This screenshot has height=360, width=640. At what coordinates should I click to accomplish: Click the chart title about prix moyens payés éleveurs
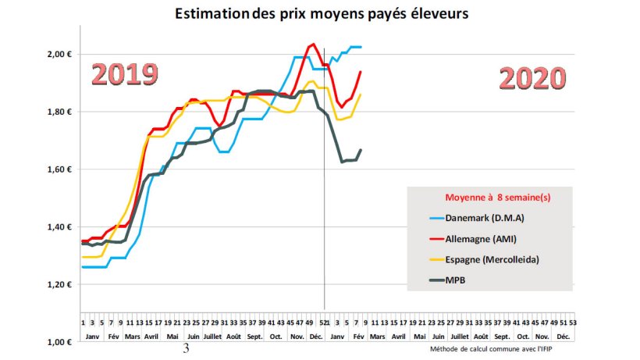pyautogui.click(x=322, y=14)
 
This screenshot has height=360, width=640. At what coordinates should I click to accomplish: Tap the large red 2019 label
pyautogui.click(x=125, y=73)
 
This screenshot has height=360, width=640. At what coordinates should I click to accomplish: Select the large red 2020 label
pyautogui.click(x=531, y=78)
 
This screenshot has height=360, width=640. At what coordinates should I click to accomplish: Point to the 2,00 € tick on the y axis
pyautogui.click(x=59, y=54)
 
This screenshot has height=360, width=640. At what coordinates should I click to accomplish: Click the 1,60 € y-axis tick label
pyautogui.click(x=59, y=169)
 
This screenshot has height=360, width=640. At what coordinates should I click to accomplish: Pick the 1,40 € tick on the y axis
pyautogui.click(x=59, y=227)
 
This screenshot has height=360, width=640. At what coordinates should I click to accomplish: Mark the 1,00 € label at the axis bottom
pyautogui.click(x=59, y=342)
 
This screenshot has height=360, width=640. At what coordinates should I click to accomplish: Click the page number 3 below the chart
pyautogui.click(x=186, y=348)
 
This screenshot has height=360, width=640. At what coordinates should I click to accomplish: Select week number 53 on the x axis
pyautogui.click(x=573, y=321)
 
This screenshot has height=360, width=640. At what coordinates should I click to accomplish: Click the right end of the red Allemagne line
pyautogui.click(x=360, y=72)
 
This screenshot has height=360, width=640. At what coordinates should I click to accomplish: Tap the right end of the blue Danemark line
pyautogui.click(x=360, y=47)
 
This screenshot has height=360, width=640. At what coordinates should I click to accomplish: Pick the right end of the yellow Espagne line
pyautogui.click(x=360, y=94)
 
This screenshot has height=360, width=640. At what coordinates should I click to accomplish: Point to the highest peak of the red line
pyautogui.click(x=313, y=44)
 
